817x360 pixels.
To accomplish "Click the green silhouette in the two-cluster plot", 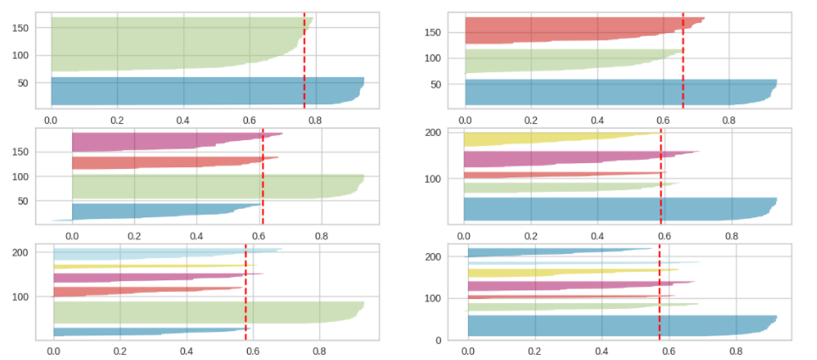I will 170,42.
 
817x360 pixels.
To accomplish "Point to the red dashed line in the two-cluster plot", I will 305,59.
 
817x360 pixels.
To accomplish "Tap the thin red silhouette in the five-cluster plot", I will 552,174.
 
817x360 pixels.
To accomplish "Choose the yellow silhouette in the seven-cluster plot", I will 552,273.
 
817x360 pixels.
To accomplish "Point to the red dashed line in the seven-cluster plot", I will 659,289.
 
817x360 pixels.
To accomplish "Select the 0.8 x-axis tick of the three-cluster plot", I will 729,121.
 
